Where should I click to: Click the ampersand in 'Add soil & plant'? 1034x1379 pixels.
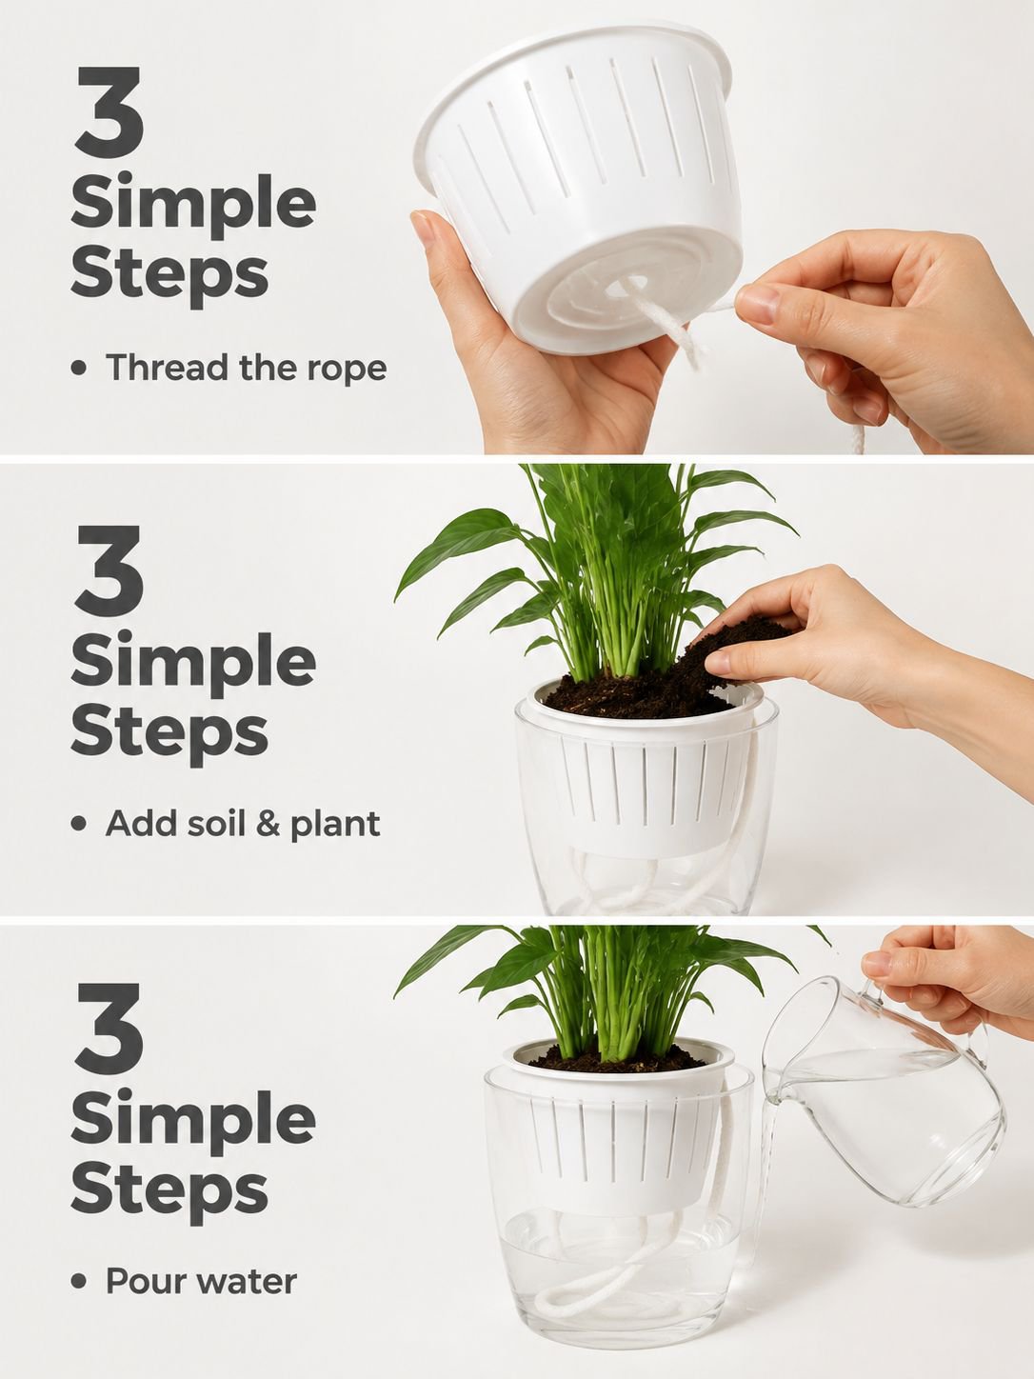click(268, 823)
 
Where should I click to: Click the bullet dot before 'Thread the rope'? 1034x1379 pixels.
click(78, 369)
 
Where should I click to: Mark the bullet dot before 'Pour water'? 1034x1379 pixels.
click(78, 1282)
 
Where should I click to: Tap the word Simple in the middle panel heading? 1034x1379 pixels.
click(193, 664)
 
